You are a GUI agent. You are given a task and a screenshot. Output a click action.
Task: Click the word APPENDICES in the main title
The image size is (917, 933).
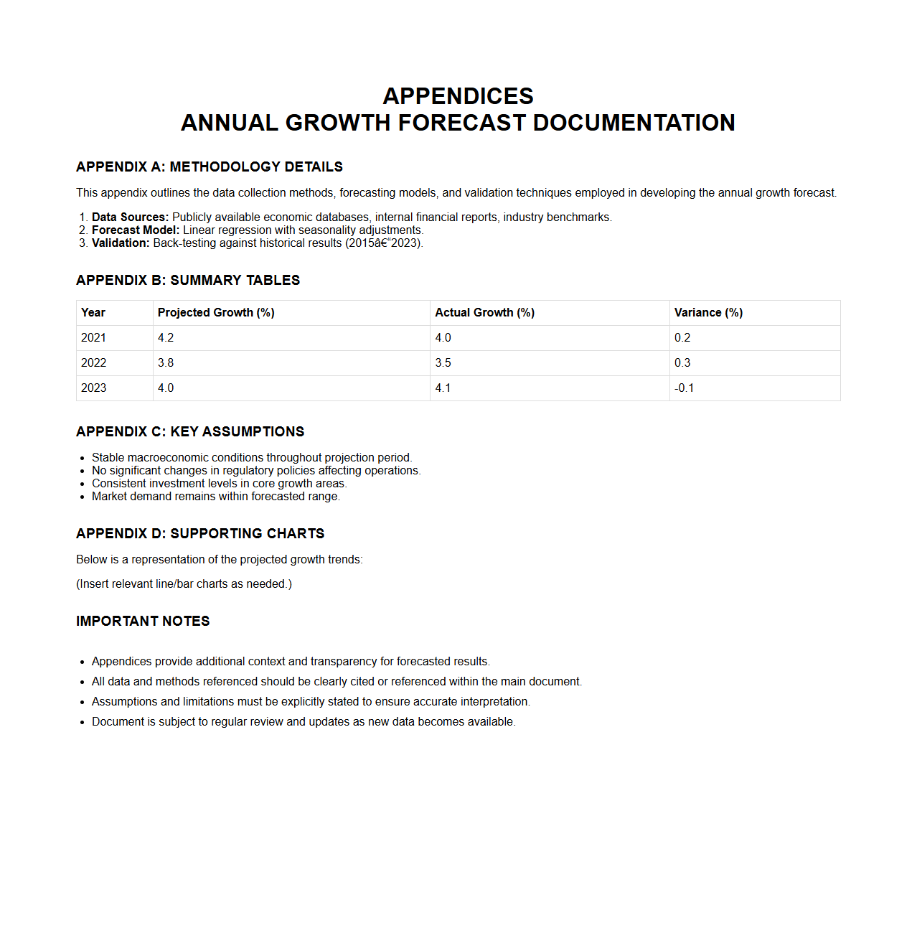[x=458, y=96]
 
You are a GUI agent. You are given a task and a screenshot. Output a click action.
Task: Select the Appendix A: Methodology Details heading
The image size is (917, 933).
[x=210, y=167]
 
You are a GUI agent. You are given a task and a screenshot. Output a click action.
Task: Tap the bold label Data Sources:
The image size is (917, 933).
[x=130, y=217]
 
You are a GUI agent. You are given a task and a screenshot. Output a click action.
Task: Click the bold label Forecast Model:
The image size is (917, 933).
[x=136, y=230]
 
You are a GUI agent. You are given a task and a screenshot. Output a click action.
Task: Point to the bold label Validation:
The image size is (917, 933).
[x=121, y=243]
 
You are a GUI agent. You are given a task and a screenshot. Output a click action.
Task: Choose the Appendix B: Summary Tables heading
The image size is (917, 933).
[x=188, y=280]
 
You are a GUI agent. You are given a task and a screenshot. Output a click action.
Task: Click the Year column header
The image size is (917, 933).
[x=93, y=312]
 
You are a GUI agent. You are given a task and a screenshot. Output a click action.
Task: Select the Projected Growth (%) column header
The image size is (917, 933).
[x=216, y=312]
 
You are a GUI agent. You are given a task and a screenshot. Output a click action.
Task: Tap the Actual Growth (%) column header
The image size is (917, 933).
[x=484, y=312]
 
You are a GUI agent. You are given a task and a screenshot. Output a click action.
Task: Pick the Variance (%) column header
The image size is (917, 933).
[x=708, y=312]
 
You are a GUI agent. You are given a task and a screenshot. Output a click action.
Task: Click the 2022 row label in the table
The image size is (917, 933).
[x=93, y=362]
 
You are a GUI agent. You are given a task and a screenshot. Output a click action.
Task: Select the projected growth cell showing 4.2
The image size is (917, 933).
[x=166, y=337]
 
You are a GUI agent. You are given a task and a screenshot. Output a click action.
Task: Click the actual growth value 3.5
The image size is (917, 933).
[x=443, y=362]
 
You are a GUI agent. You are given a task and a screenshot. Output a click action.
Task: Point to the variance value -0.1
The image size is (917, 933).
[x=684, y=388]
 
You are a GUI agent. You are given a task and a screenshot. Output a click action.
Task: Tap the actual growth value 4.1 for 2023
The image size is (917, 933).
[x=443, y=388]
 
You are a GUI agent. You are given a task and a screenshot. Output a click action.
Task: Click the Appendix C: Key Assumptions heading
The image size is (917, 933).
[x=190, y=431]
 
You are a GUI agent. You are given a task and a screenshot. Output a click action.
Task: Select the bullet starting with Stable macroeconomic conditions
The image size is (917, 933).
[x=252, y=457]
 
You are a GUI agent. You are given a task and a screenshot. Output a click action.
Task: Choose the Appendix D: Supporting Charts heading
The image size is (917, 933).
[x=200, y=533]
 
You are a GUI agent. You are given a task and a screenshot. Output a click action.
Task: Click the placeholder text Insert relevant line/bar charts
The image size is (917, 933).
[x=184, y=583]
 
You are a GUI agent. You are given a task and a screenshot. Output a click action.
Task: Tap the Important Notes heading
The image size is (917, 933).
[x=143, y=621]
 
